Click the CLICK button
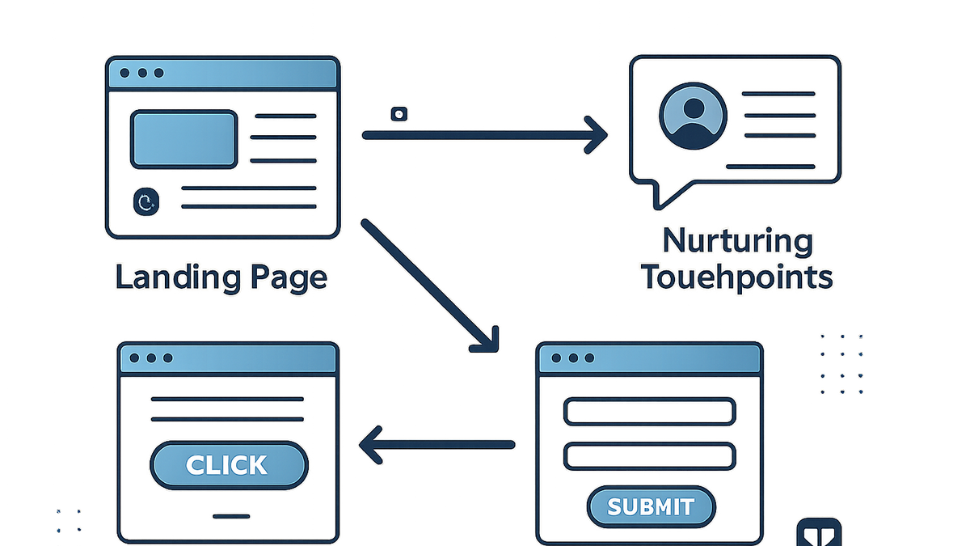pyautogui.click(x=229, y=465)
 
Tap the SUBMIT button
pyautogui.click(x=652, y=506)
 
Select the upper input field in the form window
pyautogui.click(x=650, y=411)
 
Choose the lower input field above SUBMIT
pyautogui.click(x=650, y=456)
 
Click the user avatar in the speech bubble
pyautogui.click(x=694, y=116)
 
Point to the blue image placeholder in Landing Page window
pyautogui.click(x=184, y=139)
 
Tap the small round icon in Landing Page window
pyautogui.click(x=146, y=201)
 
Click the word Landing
pyautogui.click(x=179, y=277)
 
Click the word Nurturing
pyautogui.click(x=738, y=241)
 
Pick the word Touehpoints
pyautogui.click(x=737, y=277)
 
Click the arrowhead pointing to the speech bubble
pyautogui.click(x=597, y=135)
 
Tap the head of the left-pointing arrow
pyautogui.click(x=370, y=445)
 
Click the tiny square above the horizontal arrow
pyautogui.click(x=399, y=114)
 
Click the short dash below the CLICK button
pyautogui.click(x=231, y=516)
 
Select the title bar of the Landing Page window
pyautogui.click(x=222, y=73)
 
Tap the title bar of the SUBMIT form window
pyautogui.click(x=650, y=358)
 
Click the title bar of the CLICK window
pyautogui.click(x=228, y=358)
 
